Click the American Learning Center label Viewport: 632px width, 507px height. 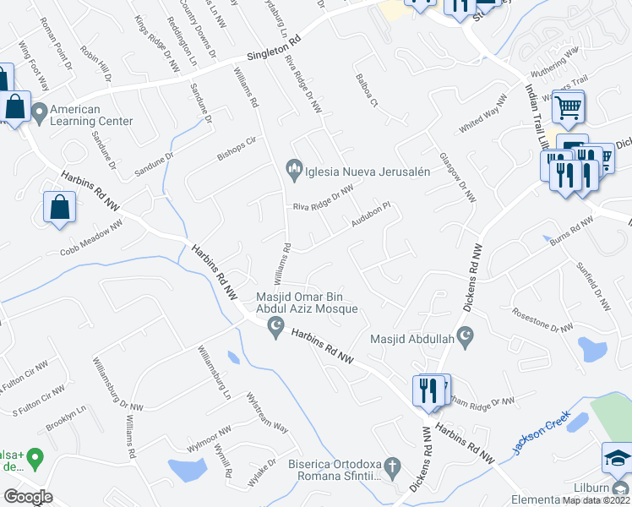pos(91,115)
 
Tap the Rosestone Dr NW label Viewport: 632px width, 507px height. pos(540,319)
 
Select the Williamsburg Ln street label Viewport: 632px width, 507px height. pos(214,371)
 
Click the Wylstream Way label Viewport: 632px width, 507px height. pos(266,412)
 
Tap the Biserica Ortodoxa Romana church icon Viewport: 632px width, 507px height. pos(391,466)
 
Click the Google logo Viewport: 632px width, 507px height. pos(28,497)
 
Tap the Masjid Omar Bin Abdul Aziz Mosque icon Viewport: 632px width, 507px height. pos(274,325)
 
